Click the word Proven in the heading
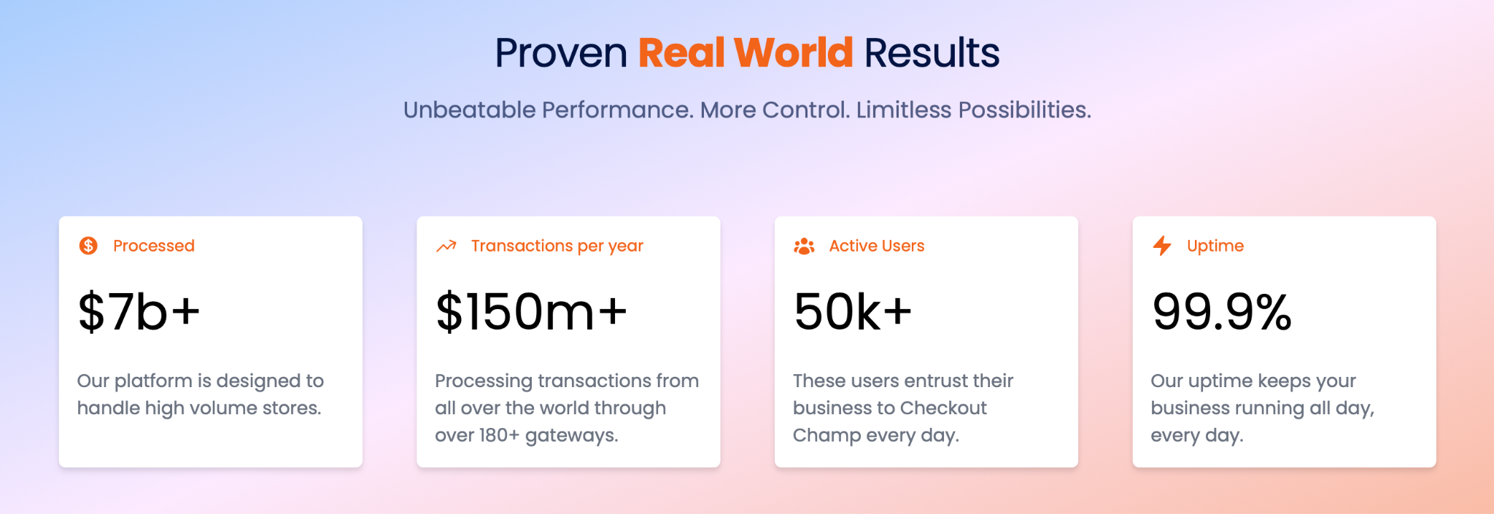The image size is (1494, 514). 561,53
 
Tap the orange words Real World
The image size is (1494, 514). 746,53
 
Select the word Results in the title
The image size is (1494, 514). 932,53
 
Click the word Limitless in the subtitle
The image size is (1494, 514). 904,110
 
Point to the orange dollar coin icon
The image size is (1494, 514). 88,246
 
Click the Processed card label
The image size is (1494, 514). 154,246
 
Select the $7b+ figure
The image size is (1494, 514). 139,311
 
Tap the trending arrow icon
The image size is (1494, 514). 446,246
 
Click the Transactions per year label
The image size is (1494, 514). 557,246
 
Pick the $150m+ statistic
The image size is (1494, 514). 531,311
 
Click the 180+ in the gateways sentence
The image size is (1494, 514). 499,435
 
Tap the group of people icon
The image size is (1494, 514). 804,246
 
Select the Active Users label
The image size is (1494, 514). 877,246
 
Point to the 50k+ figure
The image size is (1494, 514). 853,311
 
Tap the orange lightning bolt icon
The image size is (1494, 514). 1162,246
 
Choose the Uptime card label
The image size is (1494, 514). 1215,246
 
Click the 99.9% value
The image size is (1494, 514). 1222,311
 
